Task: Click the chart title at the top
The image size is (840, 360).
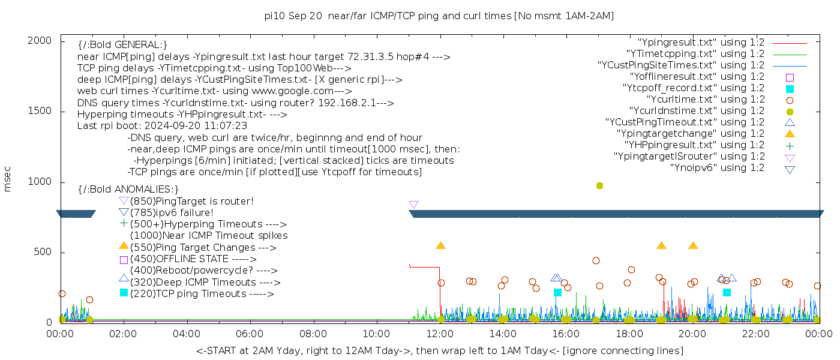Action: (439, 16)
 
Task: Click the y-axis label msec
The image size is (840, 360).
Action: (8, 179)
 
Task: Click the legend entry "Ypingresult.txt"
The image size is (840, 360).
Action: (700, 43)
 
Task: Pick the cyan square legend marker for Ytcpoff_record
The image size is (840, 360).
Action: (790, 88)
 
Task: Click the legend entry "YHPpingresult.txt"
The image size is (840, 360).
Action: (694, 145)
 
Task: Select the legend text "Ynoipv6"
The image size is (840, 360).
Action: (717, 168)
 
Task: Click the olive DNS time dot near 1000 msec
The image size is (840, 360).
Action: (599, 186)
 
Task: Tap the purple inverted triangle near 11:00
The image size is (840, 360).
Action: (413, 205)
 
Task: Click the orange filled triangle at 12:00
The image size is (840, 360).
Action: (440, 245)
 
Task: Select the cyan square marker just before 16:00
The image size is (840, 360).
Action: (557, 293)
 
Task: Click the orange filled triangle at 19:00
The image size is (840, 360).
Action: (661, 245)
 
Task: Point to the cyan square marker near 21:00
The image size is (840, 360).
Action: (727, 293)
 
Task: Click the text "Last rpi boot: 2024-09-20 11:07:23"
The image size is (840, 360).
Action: (162, 126)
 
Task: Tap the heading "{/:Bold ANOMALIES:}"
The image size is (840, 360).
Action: (128, 190)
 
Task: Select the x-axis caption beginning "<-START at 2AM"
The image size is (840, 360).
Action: (439, 350)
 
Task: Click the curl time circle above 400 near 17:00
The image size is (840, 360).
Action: (596, 261)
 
